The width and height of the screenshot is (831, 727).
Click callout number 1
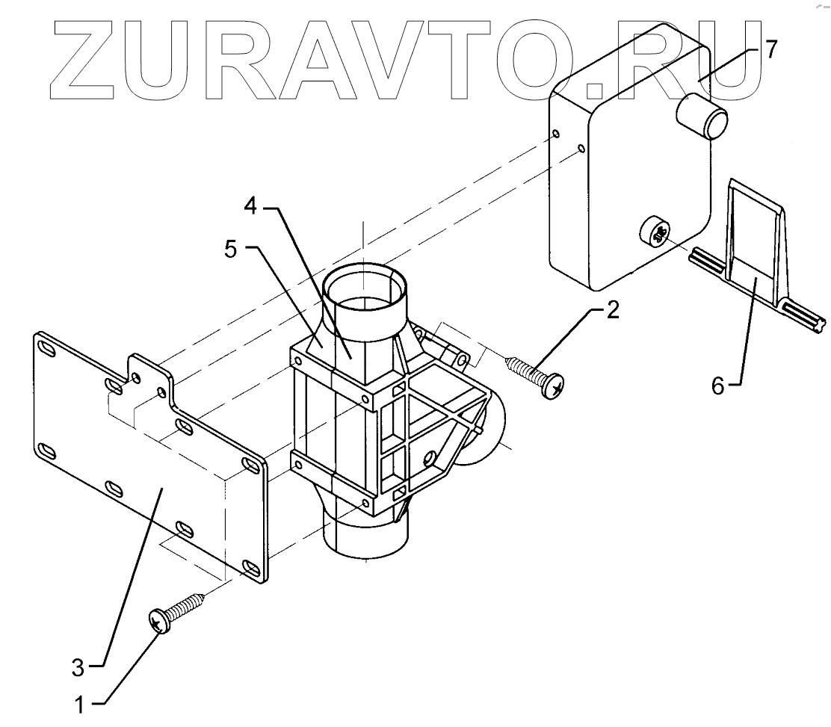(x=84, y=704)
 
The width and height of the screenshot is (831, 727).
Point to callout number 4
(x=252, y=206)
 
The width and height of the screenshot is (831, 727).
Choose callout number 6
(x=718, y=388)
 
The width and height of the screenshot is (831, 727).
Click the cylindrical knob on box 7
(x=702, y=117)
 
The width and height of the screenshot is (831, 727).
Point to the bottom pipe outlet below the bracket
(x=365, y=542)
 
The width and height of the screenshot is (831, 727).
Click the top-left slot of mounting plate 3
(x=46, y=350)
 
